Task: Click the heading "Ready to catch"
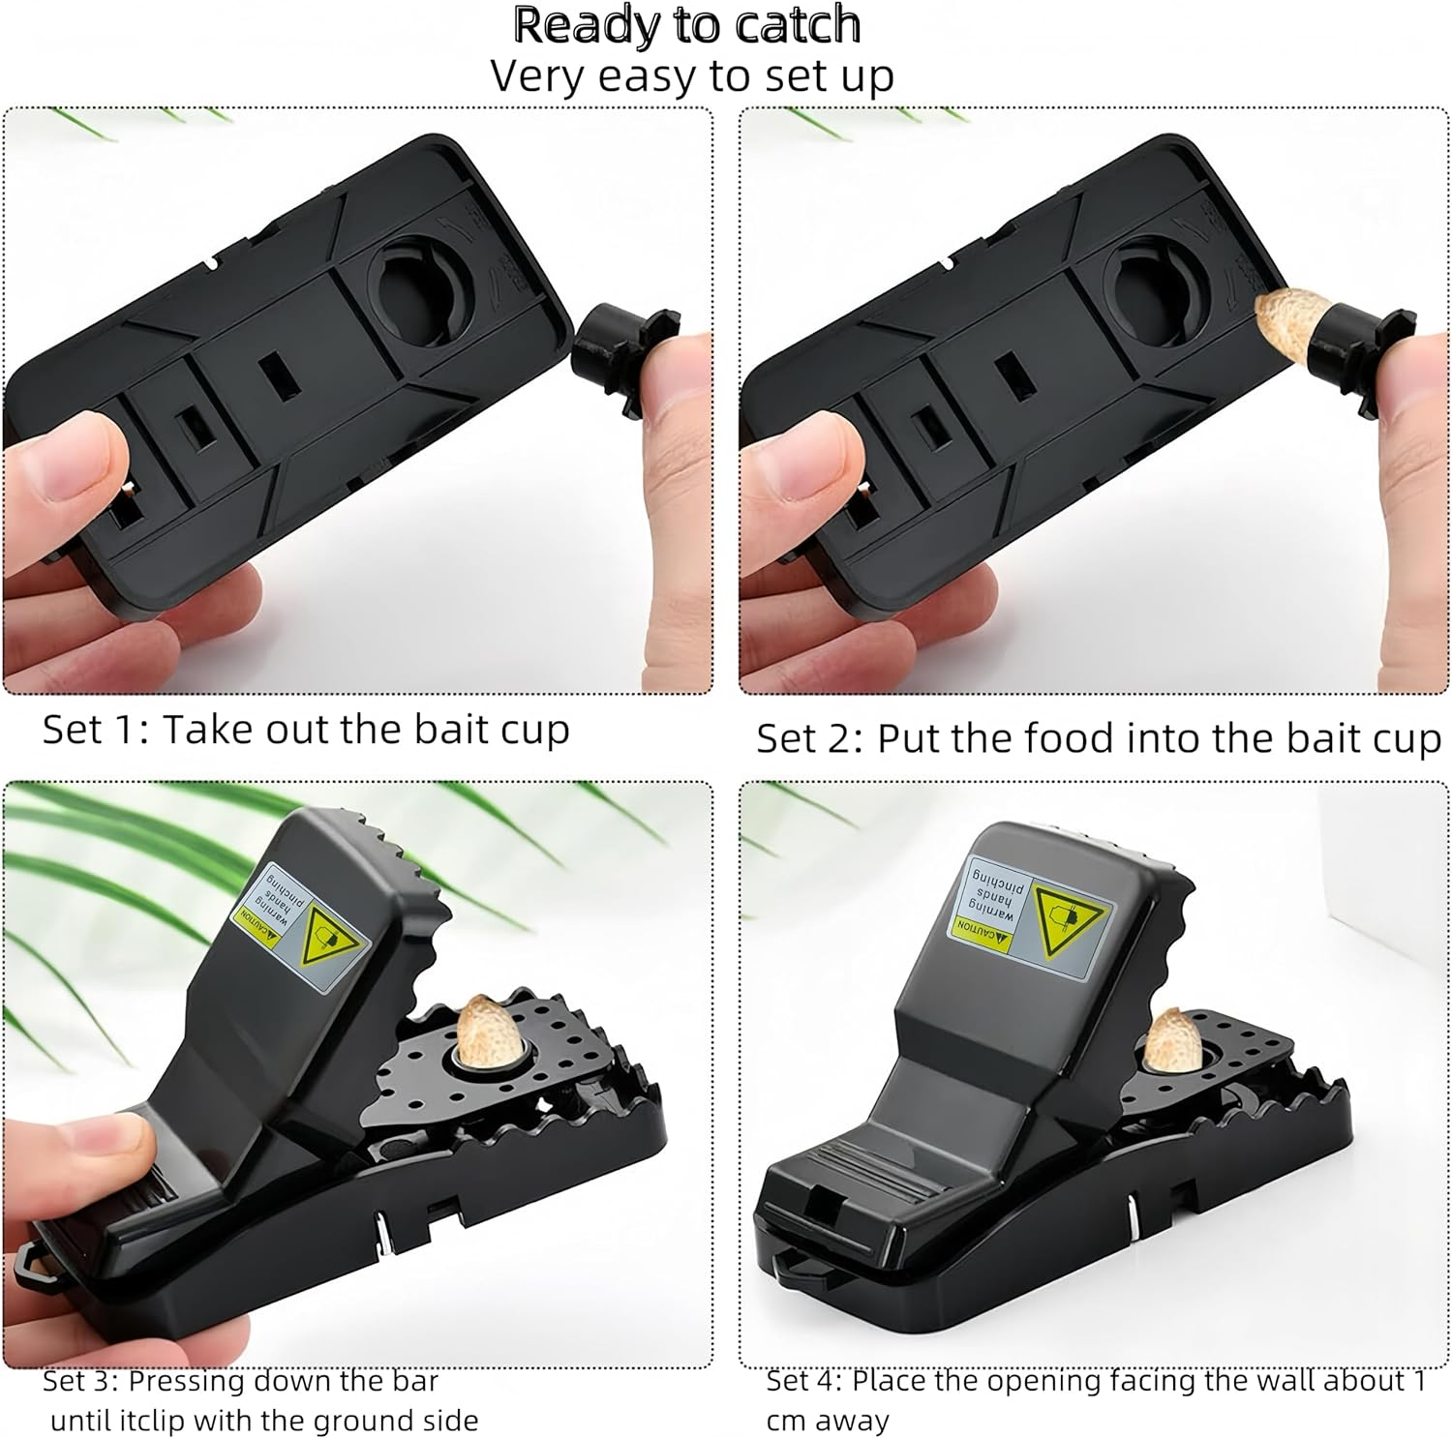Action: coord(687,24)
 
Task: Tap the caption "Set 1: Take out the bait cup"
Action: coord(306,731)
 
